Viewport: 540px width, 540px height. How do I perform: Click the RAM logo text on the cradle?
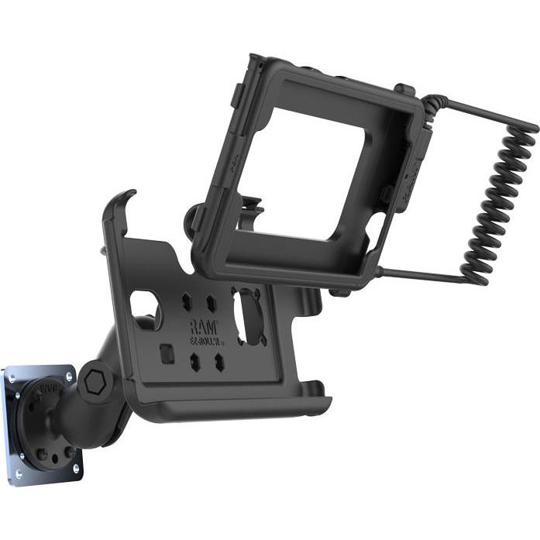pos(204,326)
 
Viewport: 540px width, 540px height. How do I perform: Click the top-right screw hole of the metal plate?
pos(69,377)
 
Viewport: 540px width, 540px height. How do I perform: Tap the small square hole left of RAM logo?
pos(167,353)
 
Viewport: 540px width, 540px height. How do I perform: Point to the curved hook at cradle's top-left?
pos(125,203)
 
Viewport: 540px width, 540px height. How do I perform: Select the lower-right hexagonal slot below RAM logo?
pos(219,361)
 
